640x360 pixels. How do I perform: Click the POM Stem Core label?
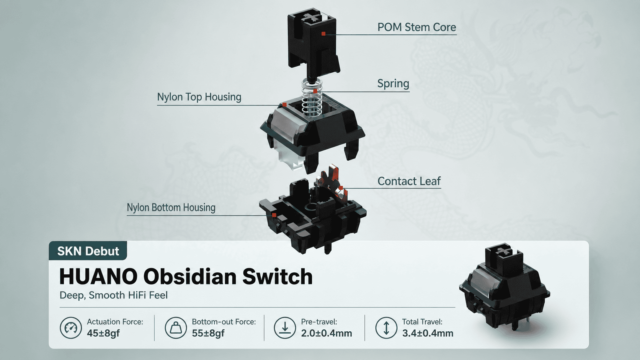tap(416, 27)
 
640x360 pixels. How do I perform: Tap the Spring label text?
tap(393, 83)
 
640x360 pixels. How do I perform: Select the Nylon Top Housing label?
tap(199, 97)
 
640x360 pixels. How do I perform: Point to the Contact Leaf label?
tap(409, 181)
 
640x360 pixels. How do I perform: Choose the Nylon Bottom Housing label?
tap(171, 208)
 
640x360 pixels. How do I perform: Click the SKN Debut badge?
tap(88, 251)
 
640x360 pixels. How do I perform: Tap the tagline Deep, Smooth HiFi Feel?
tap(113, 295)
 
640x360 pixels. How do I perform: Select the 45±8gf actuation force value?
tap(103, 333)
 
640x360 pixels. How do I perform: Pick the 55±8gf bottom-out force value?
tap(208, 333)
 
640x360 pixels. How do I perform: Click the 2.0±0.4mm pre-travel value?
tap(326, 333)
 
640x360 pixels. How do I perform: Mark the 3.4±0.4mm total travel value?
tap(428, 333)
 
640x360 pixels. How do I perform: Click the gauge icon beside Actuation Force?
tap(70, 328)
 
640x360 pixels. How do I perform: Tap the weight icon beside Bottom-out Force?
tap(176, 328)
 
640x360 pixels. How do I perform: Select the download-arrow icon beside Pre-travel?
tap(285, 328)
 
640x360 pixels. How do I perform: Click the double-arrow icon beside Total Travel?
tap(386, 328)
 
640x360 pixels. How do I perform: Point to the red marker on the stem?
tap(323, 34)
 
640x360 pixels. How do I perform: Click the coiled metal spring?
tap(312, 97)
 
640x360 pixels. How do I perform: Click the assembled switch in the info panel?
tap(504, 287)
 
